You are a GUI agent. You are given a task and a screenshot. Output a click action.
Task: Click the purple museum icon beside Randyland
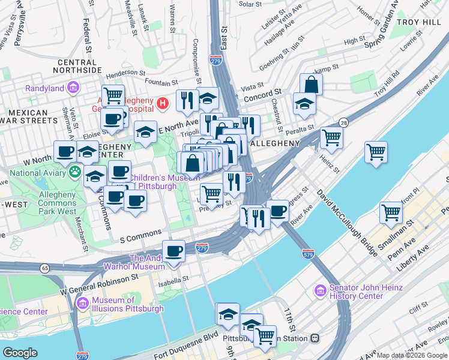73,89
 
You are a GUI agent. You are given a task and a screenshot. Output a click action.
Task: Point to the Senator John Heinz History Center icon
321,291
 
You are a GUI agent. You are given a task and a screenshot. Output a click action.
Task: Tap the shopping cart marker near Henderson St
112,95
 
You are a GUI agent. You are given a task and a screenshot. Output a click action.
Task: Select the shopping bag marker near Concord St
311,84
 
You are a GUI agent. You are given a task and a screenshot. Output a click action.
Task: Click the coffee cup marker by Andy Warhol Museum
173,251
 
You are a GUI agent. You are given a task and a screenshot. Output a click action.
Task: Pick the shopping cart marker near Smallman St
391,212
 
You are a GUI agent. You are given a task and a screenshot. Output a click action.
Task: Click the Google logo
20,352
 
